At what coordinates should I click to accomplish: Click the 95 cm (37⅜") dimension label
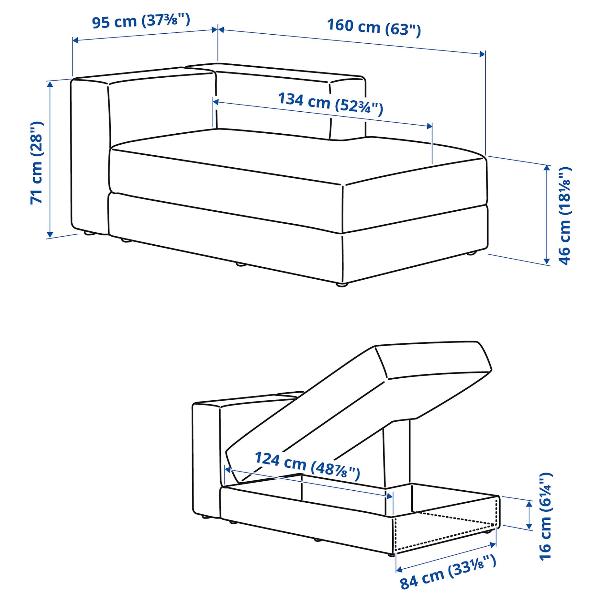click(141, 21)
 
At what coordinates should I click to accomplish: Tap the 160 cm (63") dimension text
click(374, 27)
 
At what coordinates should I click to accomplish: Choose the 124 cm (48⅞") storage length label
click(307, 466)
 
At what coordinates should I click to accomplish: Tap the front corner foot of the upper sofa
click(342, 285)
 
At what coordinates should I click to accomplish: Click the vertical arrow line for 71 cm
click(50, 159)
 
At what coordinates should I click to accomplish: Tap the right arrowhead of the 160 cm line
click(482, 54)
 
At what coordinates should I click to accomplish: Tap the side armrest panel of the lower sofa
click(206, 460)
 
